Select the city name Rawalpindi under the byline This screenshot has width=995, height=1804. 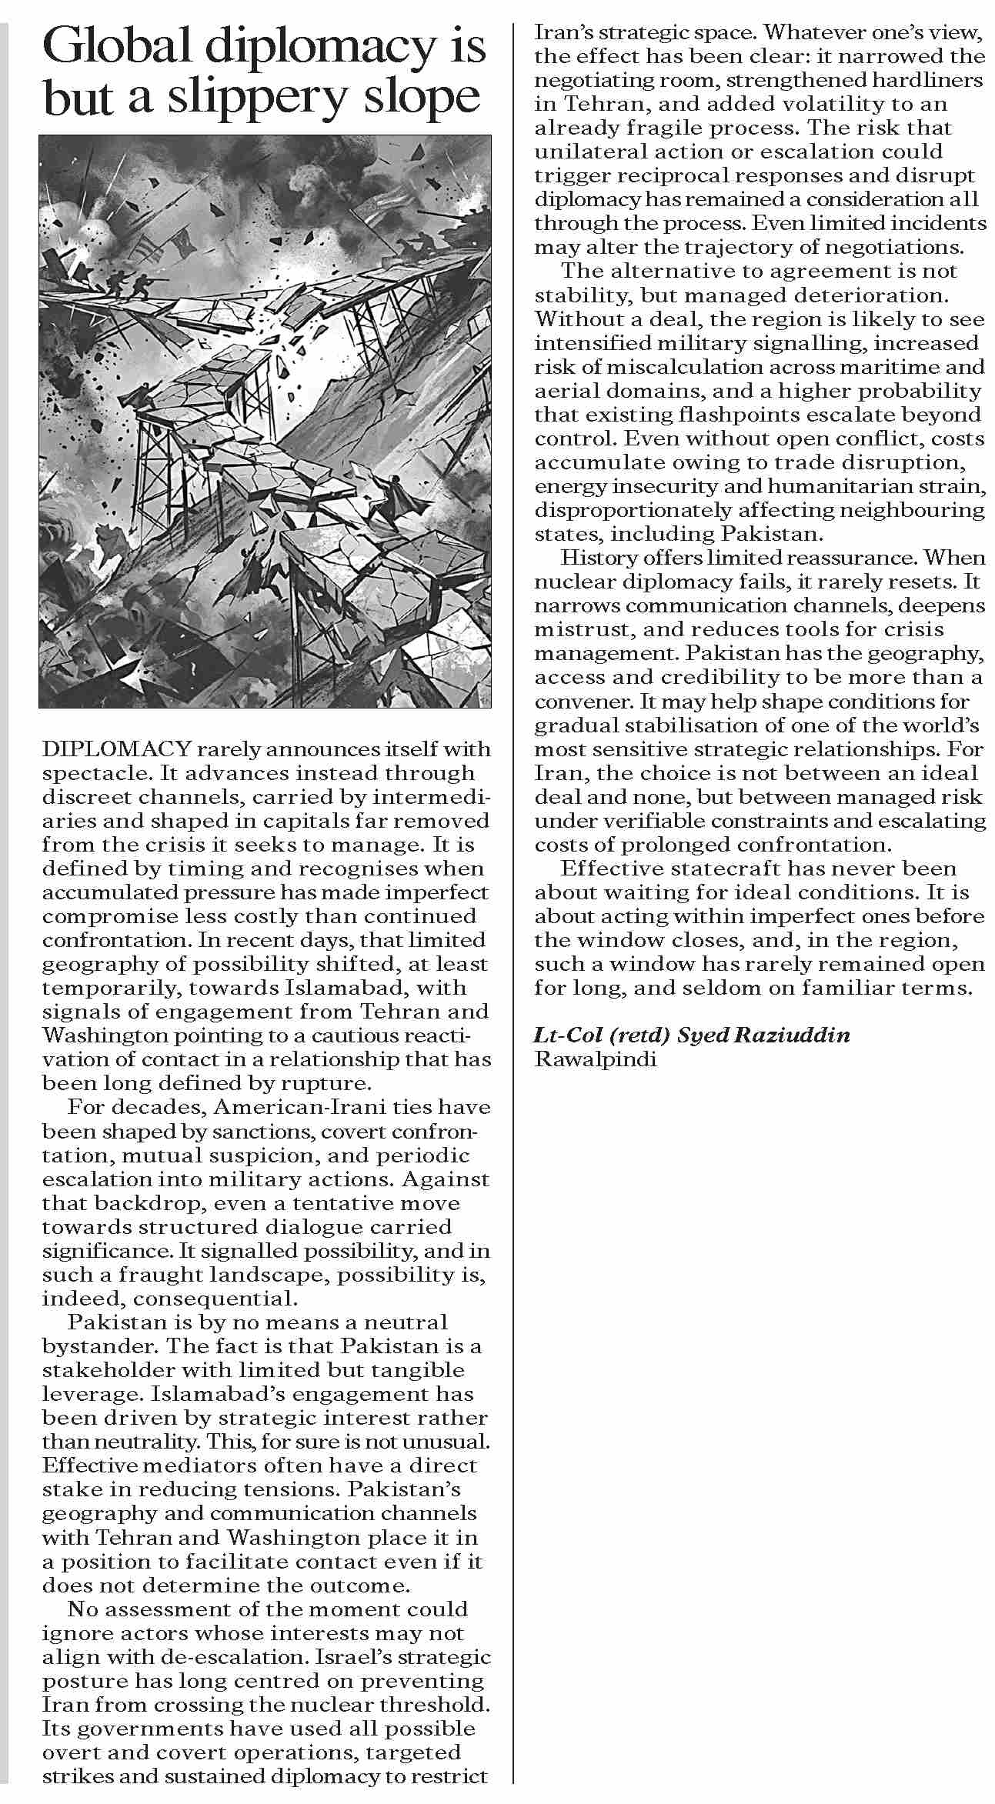(596, 1059)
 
